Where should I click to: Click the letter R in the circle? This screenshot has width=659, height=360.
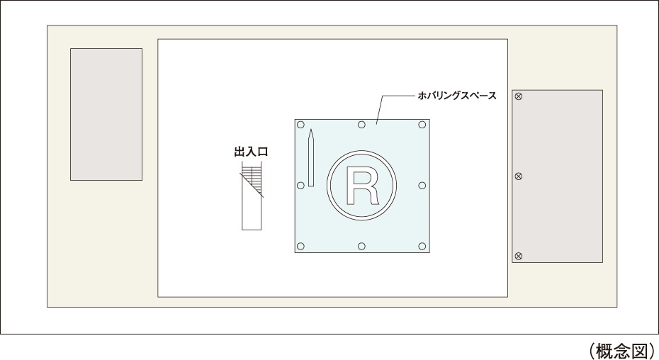pos(361,186)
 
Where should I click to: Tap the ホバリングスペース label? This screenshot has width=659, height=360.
pos(457,96)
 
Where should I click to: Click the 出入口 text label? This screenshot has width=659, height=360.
pos(251,152)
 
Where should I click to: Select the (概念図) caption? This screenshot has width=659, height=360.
pos(622,350)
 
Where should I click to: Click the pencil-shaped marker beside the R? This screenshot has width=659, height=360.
pos(311,158)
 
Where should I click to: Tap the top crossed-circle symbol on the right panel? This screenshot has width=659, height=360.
pos(519,96)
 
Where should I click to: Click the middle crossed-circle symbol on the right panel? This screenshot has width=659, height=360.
pos(519,176)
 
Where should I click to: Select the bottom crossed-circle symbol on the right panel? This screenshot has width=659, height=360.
pos(519,256)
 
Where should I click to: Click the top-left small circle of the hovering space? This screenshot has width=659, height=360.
pos(300,125)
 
